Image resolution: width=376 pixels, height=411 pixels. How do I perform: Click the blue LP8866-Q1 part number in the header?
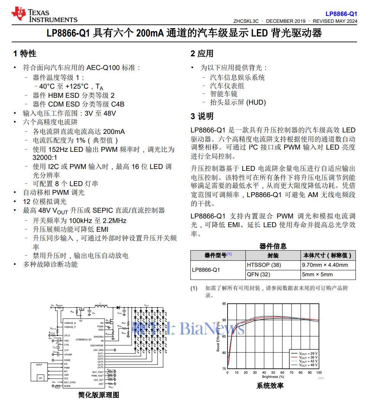tap(341, 14)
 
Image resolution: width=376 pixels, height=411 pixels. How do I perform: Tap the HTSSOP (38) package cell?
tap(264, 265)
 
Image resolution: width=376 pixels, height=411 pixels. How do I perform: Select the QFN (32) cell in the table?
tap(258, 274)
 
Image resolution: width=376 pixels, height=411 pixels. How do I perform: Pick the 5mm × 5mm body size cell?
tap(317, 274)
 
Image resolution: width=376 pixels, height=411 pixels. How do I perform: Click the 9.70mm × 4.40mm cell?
tap(325, 265)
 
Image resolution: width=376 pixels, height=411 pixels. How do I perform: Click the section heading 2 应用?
tap(202, 54)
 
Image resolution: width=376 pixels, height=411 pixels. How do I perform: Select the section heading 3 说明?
tap(202, 116)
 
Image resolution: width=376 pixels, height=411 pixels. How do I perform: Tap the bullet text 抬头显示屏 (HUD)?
tap(238, 102)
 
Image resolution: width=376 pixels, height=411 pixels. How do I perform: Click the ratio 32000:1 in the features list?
tap(45, 158)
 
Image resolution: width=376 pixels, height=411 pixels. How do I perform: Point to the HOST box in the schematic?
tap(39, 365)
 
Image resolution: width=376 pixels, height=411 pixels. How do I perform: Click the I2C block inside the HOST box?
tap(41, 378)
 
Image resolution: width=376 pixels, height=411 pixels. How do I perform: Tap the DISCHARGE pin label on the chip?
tap(97, 346)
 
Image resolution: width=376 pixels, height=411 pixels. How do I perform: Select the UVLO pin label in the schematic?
tap(67, 335)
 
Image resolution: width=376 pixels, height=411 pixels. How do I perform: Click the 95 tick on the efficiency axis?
tap(224, 304)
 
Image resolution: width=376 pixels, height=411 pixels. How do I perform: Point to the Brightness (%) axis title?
tap(273, 377)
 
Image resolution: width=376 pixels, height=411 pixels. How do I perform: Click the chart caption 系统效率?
tap(270, 386)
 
